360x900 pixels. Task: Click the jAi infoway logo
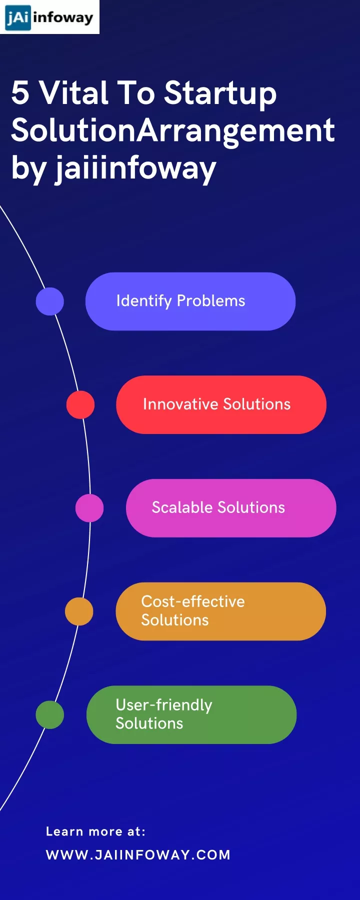[49, 17]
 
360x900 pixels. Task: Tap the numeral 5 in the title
[20, 93]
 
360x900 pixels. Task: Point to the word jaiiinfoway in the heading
[135, 169]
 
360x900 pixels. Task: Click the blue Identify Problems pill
[190, 301]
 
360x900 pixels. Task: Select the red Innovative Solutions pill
[221, 404]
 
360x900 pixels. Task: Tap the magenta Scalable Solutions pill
[231, 508]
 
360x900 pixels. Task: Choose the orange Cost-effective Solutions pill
[220, 611]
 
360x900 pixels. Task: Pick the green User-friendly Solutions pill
[191, 714]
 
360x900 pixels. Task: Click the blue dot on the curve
[50, 301]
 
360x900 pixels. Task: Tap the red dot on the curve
[80, 404]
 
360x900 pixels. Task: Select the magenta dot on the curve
[89, 508]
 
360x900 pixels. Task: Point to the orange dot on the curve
[79, 611]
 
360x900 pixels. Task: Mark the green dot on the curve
[50, 714]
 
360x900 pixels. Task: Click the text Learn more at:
[95, 831]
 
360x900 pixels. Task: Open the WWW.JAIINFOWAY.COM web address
[138, 854]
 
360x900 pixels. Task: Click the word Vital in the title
[74, 93]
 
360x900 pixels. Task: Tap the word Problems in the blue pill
[211, 301]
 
